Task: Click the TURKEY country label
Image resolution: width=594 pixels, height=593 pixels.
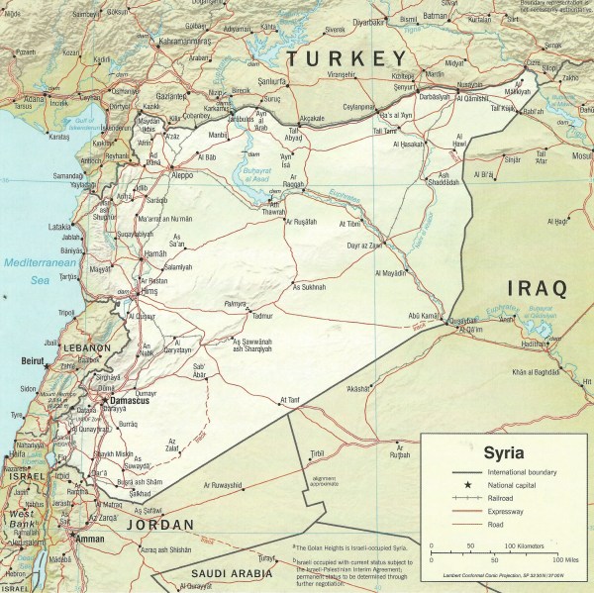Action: [x=346, y=58]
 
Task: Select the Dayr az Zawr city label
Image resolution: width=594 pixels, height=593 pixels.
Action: [x=360, y=245]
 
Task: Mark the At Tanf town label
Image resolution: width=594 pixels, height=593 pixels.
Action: [x=289, y=400]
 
